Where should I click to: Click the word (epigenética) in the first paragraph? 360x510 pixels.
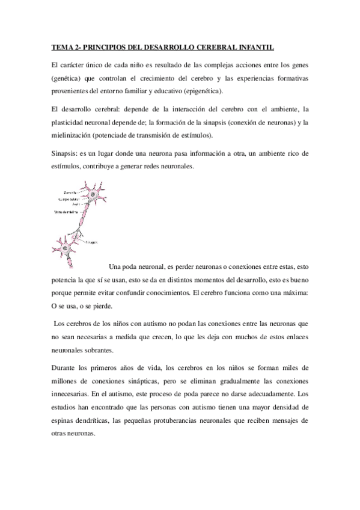(x=200, y=91)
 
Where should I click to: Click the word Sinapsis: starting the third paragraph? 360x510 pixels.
(x=65, y=153)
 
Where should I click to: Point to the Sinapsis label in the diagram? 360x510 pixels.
(x=91, y=241)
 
